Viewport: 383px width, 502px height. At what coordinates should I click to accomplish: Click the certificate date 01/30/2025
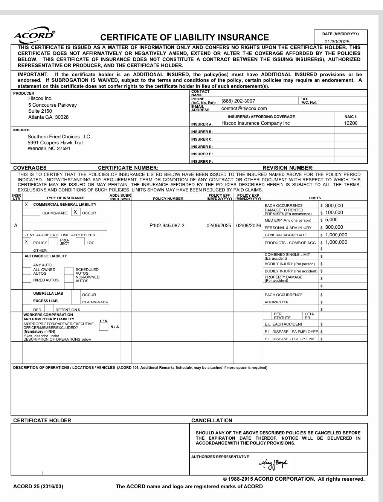[x=337, y=42]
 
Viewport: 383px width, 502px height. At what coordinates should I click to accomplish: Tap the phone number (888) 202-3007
[x=238, y=101]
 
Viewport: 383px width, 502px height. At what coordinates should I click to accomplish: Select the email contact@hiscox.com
[x=244, y=108]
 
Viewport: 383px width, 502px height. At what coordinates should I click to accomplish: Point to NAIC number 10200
[x=351, y=123]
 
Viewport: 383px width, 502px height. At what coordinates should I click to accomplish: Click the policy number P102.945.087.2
[x=167, y=226]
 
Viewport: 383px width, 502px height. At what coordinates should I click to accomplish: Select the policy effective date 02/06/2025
[x=219, y=226]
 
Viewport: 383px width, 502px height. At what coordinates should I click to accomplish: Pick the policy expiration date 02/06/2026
[x=248, y=226]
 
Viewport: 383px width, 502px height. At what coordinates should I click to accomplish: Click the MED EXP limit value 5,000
[x=331, y=220]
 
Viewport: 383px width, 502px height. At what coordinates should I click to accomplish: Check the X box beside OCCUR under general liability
[x=75, y=212]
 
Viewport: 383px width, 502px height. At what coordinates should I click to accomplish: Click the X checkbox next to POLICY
[x=27, y=242]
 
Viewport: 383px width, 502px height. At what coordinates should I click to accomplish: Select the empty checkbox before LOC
[x=80, y=242]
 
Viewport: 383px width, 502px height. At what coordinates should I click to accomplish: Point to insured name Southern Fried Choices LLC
[x=59, y=137]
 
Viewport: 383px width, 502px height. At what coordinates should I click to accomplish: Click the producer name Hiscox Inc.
[x=40, y=98]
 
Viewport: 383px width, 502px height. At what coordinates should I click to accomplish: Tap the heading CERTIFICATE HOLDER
[x=42, y=420]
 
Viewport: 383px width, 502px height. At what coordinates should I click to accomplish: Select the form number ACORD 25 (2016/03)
[x=38, y=486]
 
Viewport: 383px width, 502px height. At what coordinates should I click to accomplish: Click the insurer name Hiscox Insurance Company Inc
[x=255, y=123]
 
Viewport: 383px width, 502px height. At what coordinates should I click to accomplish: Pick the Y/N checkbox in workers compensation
[x=103, y=327]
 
